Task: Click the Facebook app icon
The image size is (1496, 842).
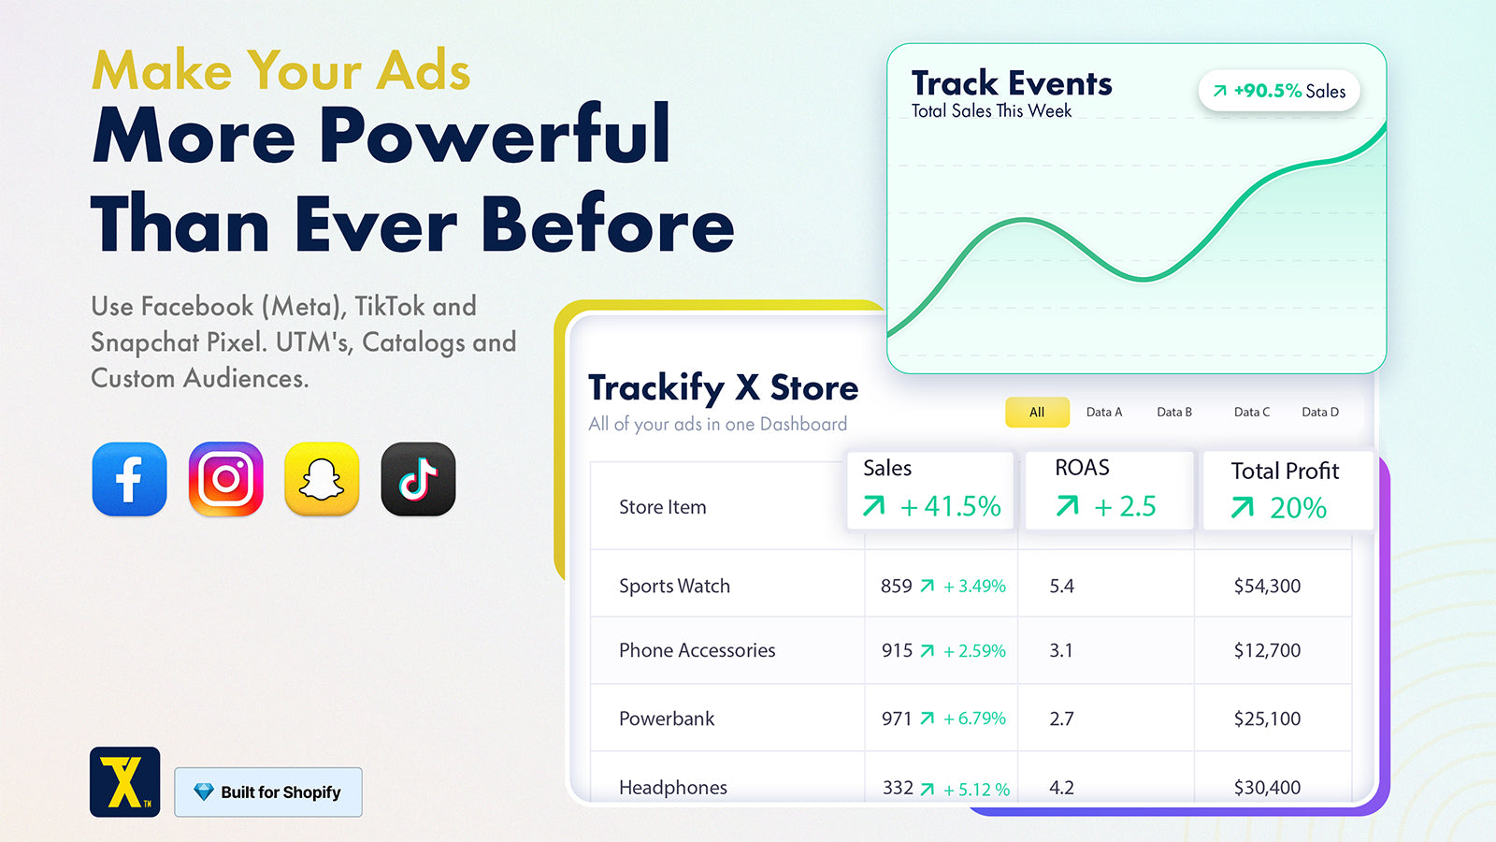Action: click(130, 478)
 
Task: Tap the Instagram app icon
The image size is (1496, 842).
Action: click(225, 478)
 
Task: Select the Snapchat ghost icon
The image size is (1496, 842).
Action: click(322, 478)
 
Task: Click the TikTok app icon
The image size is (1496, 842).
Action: click(418, 478)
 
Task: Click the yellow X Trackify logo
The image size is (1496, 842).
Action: click(125, 782)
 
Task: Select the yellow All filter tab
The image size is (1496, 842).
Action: click(1037, 413)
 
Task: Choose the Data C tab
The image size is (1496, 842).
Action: click(1252, 413)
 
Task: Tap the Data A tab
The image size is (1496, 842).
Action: click(1104, 413)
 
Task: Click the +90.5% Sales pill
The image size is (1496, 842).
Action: click(1279, 91)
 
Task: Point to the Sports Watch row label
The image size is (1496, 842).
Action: click(674, 586)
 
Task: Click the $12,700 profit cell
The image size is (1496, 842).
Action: click(1267, 650)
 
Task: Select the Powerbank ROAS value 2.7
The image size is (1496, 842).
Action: click(1061, 719)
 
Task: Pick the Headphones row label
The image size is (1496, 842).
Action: click(673, 787)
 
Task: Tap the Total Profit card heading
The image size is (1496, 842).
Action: click(1285, 472)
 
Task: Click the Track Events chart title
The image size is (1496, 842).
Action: click(1012, 83)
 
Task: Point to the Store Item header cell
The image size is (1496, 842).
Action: click(663, 507)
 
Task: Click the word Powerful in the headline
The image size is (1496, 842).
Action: click(495, 135)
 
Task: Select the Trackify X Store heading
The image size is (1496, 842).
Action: click(724, 388)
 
